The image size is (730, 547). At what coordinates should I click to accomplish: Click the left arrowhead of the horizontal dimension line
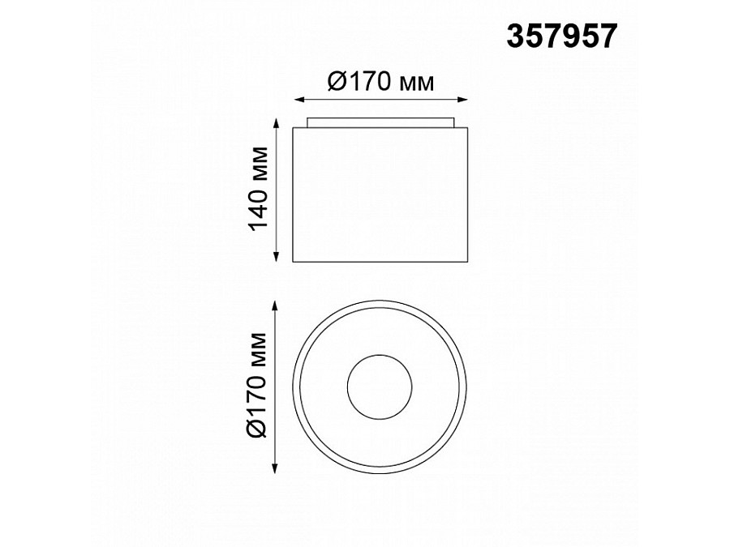[297, 100]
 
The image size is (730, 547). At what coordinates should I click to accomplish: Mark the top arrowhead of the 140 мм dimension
[277, 130]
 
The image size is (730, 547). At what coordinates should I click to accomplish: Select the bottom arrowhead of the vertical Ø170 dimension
[277, 469]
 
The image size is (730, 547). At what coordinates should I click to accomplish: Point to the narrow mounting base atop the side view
[380, 122]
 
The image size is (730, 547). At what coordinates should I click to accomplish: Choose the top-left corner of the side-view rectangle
[294, 127]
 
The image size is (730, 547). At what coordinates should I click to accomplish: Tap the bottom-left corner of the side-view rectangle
[294, 263]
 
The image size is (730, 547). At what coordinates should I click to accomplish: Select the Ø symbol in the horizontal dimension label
[337, 82]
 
